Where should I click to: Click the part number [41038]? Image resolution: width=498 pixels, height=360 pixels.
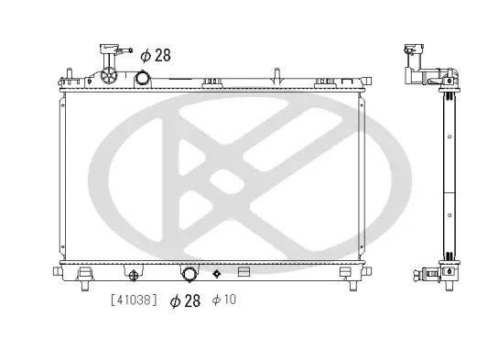pyautogui.click(x=133, y=300)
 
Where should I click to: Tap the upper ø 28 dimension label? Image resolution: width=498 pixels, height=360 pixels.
pyautogui.click(x=156, y=56)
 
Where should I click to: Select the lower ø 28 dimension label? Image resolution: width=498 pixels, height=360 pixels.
pyautogui.click(x=185, y=300)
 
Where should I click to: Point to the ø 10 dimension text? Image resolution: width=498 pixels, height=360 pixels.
pyautogui.click(x=223, y=300)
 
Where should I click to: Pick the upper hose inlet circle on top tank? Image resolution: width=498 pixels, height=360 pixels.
pyautogui.click(x=145, y=79)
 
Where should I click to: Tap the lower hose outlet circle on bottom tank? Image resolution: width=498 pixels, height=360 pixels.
pyautogui.click(x=189, y=274)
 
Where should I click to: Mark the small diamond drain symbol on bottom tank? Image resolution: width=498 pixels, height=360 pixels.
pyautogui.click(x=217, y=273)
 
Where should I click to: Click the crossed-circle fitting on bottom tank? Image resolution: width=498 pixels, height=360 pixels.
pyautogui.click(x=133, y=274)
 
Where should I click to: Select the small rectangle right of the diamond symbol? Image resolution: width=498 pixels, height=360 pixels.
pyautogui.click(x=244, y=272)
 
